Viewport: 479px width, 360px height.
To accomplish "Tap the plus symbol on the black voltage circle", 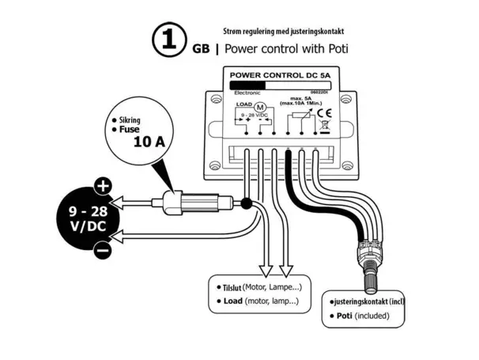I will (102, 187).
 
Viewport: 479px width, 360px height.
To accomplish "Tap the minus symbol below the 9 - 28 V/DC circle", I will (102, 251).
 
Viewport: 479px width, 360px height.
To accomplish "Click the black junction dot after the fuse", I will (246, 203).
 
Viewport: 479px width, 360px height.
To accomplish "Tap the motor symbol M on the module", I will (256, 107).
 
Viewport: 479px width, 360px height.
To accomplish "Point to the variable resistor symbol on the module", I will (296, 116).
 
